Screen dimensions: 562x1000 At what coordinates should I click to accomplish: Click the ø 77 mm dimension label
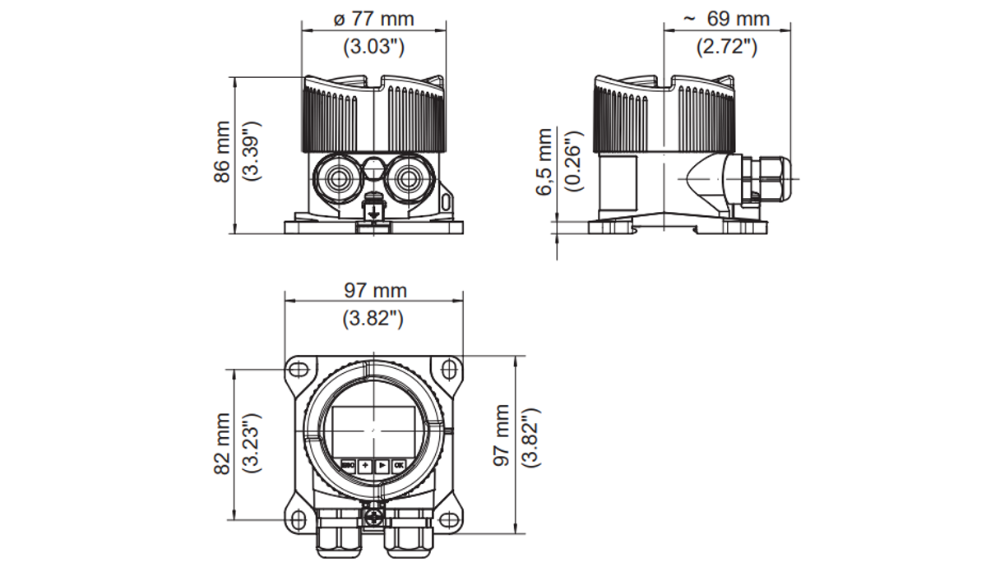point(373,18)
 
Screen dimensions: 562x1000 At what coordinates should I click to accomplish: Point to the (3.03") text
point(373,46)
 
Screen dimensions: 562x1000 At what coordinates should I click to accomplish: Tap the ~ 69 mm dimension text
point(727,18)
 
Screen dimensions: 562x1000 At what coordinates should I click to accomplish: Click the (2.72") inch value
point(727,46)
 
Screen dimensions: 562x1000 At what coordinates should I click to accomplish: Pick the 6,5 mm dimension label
point(544,162)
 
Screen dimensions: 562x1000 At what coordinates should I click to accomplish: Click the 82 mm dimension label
point(223,443)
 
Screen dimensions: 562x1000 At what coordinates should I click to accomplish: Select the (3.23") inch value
point(252,443)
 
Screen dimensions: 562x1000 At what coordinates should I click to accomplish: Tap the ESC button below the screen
point(349,465)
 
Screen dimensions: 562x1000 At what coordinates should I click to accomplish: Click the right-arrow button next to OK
point(382,465)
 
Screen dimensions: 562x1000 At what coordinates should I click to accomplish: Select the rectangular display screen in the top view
point(373,429)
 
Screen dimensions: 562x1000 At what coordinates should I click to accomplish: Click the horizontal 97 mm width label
point(373,291)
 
